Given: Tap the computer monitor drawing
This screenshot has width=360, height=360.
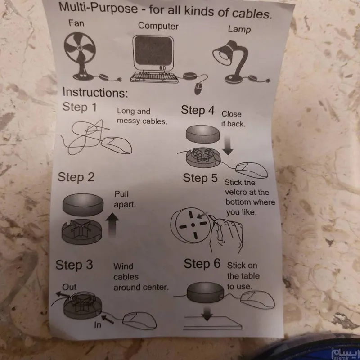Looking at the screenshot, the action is pyautogui.click(x=153, y=52).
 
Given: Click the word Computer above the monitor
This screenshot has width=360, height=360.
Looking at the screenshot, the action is pyautogui.click(x=158, y=26).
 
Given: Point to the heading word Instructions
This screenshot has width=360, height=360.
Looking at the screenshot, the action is pyautogui.click(x=95, y=93).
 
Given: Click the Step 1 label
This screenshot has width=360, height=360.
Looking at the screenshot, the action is pyautogui.click(x=80, y=107).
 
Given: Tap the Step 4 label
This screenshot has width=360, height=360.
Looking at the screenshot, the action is pyautogui.click(x=198, y=110).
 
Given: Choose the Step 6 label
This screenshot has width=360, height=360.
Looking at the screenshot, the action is pyautogui.click(x=202, y=264).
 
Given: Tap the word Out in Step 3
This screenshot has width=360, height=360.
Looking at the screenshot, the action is pyautogui.click(x=69, y=287).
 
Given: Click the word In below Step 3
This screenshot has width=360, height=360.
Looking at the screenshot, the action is pyautogui.click(x=98, y=324).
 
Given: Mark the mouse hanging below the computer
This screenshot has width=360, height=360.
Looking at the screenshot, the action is pyautogui.click(x=198, y=89).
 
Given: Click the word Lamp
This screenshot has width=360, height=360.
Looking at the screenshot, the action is pyautogui.click(x=239, y=29).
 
